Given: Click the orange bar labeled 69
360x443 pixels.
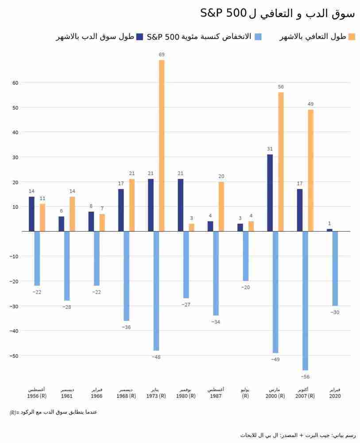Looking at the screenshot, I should coord(162,145).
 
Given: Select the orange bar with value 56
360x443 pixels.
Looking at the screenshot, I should coord(281,162).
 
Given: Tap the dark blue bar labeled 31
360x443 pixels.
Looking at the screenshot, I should coord(270,193).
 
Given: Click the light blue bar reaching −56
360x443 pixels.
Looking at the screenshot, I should coord(305,300).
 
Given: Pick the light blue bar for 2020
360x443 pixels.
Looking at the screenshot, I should coord(335,268).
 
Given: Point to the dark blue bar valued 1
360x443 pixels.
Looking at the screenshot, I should coord(329,230).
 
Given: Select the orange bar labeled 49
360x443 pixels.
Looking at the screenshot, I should coord(310,171).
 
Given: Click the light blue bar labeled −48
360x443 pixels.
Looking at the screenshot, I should coord(156,291).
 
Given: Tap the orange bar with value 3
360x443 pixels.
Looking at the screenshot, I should coord(191,227).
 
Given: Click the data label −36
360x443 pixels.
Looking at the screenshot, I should coord(126,327).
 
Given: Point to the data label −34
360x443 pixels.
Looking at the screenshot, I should coord(216,322).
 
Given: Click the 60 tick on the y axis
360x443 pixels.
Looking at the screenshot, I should coord(15,83).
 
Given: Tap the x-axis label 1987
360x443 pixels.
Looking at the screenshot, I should coord(216,396).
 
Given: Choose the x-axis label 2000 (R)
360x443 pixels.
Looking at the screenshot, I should coord(275,396).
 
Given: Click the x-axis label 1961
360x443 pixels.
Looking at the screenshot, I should coord(67,396).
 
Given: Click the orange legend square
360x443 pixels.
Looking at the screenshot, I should coord(352,37).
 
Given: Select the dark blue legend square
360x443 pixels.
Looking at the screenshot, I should coord(140,37).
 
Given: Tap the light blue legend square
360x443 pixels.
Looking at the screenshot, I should coord(258,37).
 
